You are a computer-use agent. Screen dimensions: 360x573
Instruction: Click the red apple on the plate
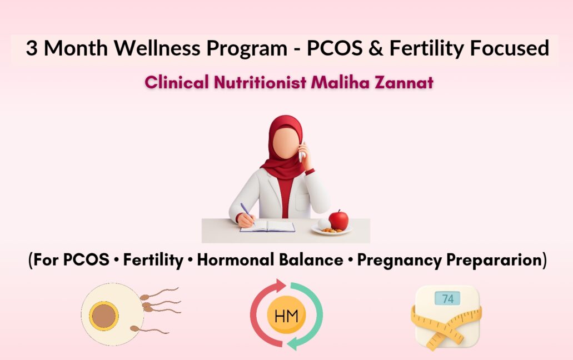point(338,219)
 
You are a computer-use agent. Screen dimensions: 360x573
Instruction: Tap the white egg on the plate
point(324,223)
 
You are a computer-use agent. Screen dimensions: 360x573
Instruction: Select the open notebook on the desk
point(267,226)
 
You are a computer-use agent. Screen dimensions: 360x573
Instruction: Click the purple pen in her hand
point(246,213)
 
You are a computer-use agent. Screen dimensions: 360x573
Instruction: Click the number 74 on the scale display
point(447,299)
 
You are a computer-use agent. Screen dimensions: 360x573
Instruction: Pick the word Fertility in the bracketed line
point(153,260)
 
